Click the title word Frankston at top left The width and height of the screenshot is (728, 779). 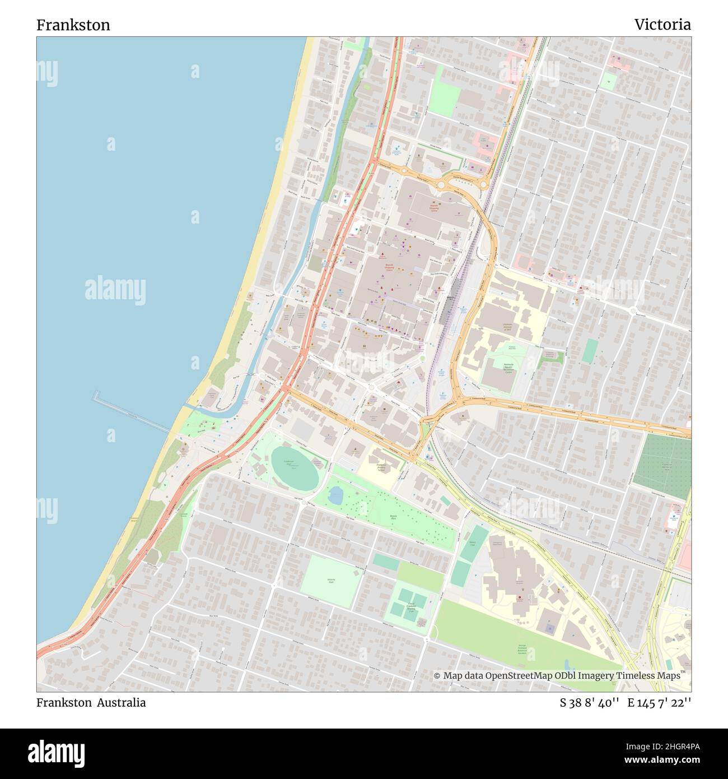73,25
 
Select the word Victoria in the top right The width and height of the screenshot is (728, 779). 662,25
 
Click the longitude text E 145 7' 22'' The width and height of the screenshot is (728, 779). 659,703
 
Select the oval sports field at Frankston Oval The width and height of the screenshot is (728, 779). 295,469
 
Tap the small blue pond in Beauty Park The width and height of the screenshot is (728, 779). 337,495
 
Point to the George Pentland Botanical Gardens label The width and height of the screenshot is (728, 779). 522,649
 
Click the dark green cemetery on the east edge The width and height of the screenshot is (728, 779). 662,467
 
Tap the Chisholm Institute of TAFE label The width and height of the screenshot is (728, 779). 507,327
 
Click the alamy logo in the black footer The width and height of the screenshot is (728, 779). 57,753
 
